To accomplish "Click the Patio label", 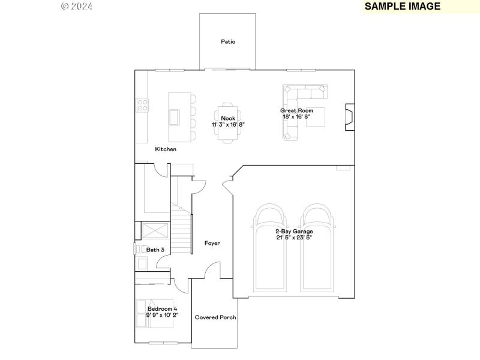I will (228, 42).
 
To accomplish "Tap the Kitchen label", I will (166, 149).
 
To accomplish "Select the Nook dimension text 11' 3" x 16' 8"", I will (228, 124).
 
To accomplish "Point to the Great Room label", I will (296, 110).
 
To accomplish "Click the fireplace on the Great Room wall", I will (349, 117).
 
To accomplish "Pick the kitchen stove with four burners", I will (143, 106).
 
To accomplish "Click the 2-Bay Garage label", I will (293, 231).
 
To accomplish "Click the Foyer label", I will (212, 243).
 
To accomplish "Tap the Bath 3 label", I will (155, 249).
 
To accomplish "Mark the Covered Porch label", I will (215, 317).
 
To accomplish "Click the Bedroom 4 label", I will (162, 309).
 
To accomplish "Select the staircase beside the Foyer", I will (181, 231).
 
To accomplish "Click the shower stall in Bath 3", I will (155, 232).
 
